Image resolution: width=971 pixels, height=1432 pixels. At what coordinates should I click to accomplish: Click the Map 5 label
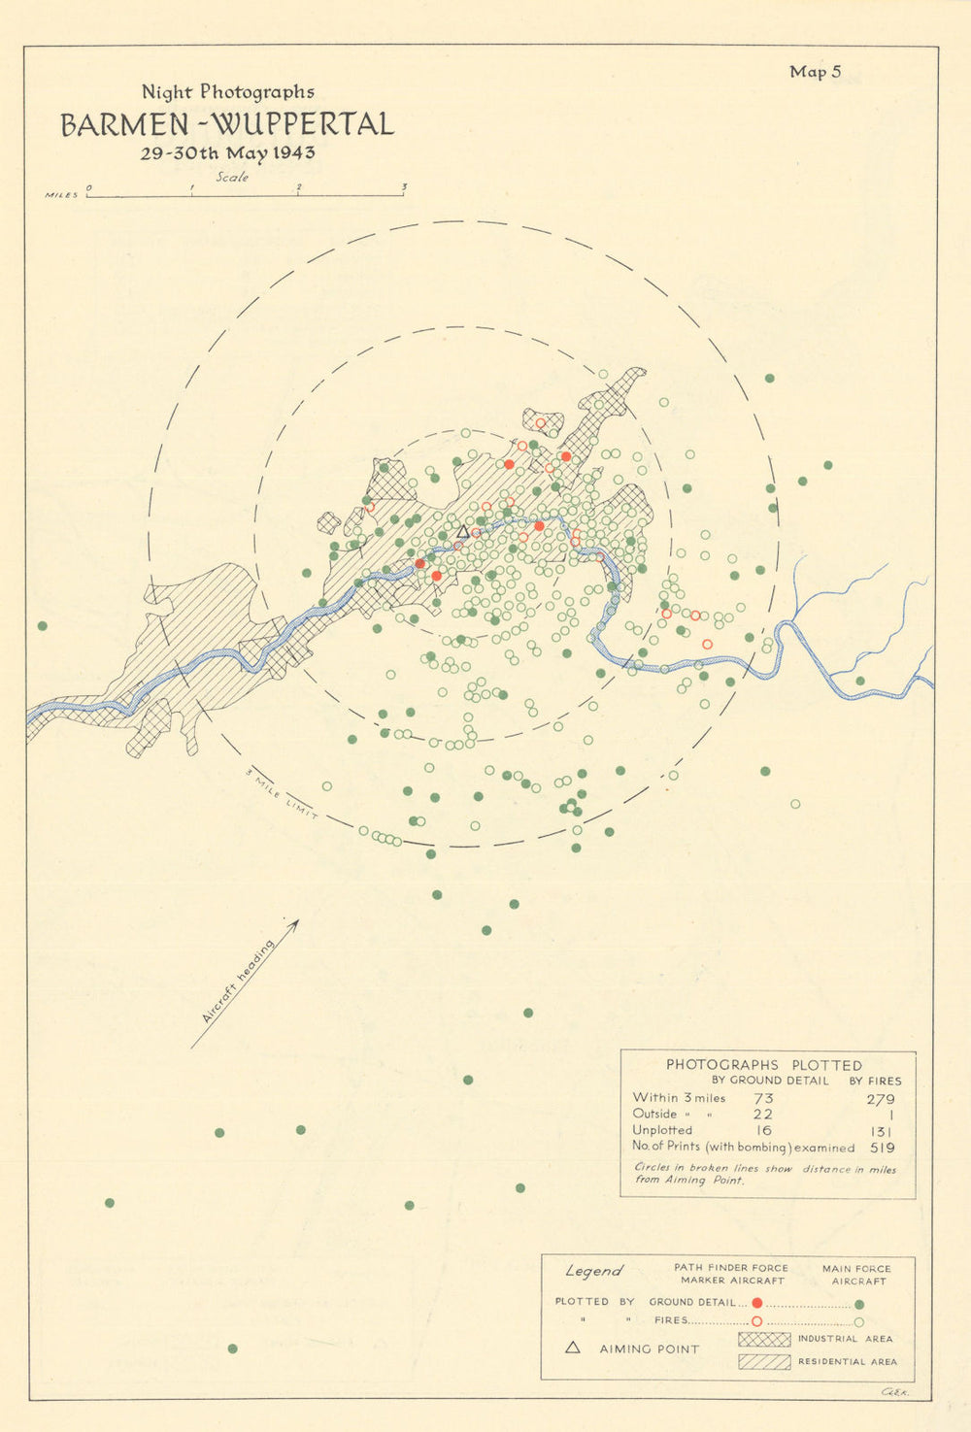[815, 72]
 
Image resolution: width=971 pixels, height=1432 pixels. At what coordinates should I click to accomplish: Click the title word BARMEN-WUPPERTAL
[227, 125]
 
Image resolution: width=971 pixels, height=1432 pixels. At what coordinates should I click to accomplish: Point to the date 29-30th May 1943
[227, 153]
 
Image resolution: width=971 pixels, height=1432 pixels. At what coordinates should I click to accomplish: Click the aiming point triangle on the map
[463, 532]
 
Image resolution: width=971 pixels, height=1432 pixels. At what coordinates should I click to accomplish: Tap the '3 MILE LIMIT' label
[283, 796]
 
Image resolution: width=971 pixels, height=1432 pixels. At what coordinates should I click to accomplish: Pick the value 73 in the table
[763, 1099]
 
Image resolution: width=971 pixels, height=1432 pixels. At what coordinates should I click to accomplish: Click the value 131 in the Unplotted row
[882, 1131]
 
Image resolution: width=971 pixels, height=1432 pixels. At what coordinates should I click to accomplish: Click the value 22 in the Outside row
[763, 1115]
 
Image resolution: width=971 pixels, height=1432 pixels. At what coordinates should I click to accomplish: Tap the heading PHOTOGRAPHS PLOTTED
[763, 1065]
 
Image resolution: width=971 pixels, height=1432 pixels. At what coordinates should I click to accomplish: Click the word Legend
[593, 1271]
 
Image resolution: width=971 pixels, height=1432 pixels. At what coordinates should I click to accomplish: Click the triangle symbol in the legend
[573, 1348]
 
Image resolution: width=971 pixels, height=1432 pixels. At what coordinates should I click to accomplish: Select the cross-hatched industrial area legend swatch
[764, 1340]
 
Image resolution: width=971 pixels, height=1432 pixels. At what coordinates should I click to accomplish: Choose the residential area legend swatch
[764, 1362]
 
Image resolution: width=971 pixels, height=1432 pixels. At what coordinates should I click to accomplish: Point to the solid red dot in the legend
[756, 1303]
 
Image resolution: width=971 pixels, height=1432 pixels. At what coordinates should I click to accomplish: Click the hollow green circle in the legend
[859, 1321]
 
